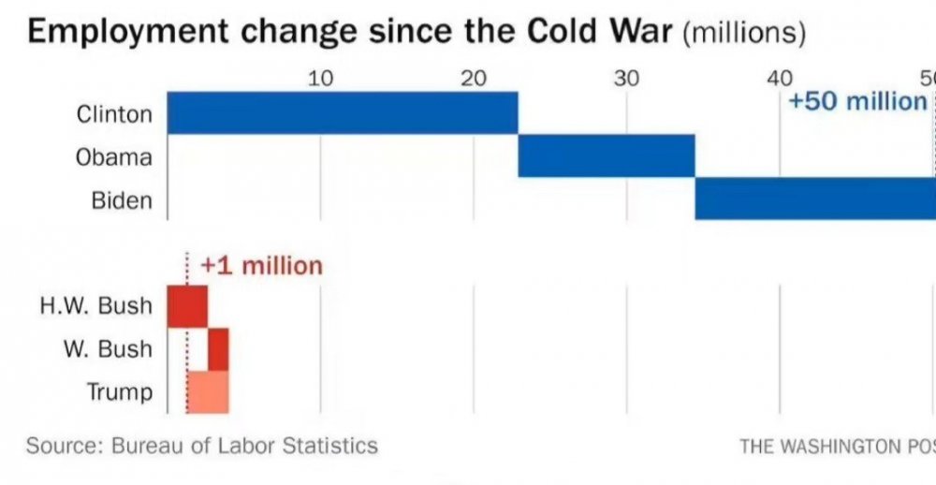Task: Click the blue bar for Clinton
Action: click(343, 113)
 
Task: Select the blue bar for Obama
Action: click(607, 155)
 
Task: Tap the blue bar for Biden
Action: click(814, 198)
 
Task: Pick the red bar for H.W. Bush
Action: click(187, 306)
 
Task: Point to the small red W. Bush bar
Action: click(218, 349)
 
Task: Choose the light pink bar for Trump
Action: click(208, 391)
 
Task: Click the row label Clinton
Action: click(114, 114)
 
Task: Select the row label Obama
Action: click(113, 157)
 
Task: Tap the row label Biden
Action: click(122, 200)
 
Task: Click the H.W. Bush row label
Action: click(95, 306)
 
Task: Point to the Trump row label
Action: click(119, 391)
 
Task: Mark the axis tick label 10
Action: click(320, 78)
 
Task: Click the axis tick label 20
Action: click(474, 78)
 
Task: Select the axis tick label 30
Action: click(626, 78)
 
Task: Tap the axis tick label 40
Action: click(780, 78)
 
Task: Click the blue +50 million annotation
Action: click(857, 101)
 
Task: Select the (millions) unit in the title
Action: click(744, 33)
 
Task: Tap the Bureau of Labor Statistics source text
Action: click(244, 446)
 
